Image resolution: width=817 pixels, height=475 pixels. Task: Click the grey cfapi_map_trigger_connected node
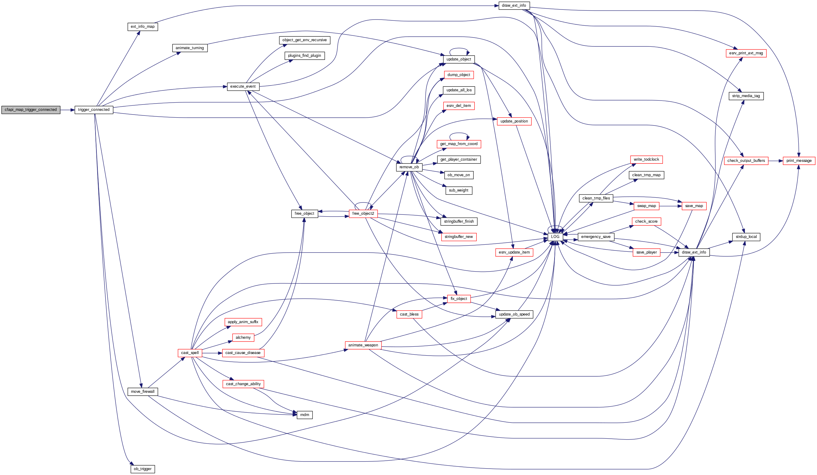tap(31, 110)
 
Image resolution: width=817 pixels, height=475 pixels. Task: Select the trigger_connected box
tap(94, 110)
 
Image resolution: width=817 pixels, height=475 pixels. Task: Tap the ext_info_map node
tap(143, 27)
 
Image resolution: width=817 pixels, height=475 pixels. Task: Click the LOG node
tap(555, 236)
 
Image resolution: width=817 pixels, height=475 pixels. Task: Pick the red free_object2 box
tap(363, 214)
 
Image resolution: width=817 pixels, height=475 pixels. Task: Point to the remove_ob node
tap(409, 167)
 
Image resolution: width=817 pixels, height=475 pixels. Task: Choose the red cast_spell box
tap(190, 353)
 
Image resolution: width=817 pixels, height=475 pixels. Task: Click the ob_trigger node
tap(143, 469)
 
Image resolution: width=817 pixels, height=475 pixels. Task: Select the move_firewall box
tap(143, 392)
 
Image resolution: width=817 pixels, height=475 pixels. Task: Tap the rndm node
tap(305, 415)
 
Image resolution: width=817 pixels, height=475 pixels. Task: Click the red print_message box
tap(799, 161)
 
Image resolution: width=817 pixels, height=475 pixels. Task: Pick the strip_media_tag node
tap(746, 96)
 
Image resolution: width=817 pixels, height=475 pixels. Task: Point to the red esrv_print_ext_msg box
tap(746, 53)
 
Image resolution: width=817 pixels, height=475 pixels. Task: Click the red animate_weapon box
tap(363, 345)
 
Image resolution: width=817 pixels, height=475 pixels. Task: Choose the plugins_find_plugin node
tap(305, 56)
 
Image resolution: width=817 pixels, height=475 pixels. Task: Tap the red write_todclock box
tap(646, 160)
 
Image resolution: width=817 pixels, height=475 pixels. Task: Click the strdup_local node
tap(746, 237)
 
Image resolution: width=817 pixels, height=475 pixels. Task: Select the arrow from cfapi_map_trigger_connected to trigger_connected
tap(67, 110)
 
